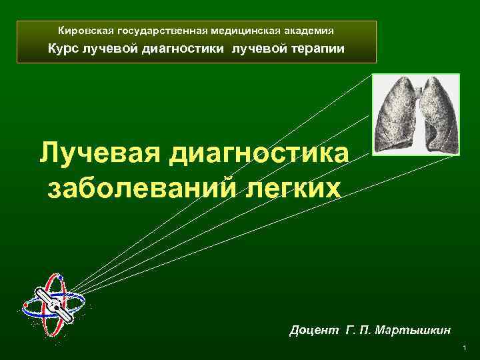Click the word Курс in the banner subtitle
pos(63,49)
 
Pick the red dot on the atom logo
pos(25,305)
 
